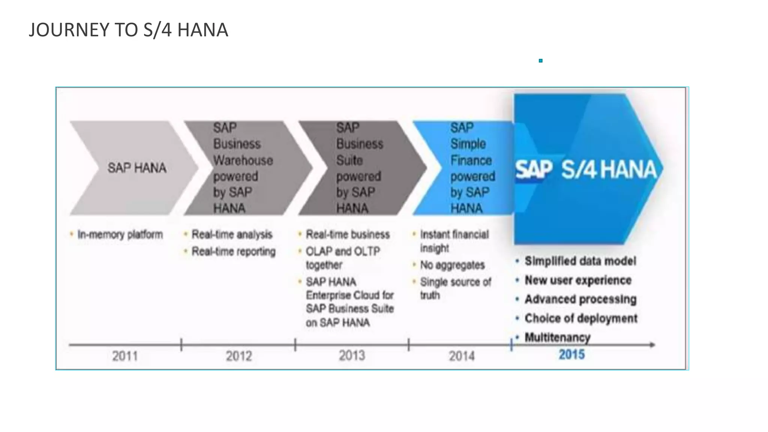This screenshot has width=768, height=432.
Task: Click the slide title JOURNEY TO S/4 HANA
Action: click(128, 30)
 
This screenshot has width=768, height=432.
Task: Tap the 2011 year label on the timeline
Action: click(125, 355)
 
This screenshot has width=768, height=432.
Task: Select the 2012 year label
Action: click(239, 355)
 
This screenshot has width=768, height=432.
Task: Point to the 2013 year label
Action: click(352, 355)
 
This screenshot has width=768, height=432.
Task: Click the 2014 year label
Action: click(462, 355)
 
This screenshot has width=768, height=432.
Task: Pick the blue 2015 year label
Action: click(571, 354)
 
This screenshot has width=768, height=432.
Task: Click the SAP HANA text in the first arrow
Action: click(137, 168)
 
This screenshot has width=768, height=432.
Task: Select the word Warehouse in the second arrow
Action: click(243, 160)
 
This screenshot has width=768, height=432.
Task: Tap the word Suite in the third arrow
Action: click(349, 160)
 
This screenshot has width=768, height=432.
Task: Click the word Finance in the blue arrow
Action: click(471, 160)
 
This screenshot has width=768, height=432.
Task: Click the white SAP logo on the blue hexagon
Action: click(533, 170)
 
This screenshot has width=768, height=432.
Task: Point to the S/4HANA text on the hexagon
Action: click(609, 169)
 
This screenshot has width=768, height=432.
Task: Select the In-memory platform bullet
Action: click(120, 235)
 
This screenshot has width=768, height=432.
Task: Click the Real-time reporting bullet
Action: click(233, 251)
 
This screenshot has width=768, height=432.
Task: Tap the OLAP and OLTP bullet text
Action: click(343, 251)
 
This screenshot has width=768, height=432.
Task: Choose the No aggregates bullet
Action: click(452, 265)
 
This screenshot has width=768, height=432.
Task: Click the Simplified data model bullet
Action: click(580, 261)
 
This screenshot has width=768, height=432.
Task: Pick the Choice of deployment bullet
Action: click(580, 318)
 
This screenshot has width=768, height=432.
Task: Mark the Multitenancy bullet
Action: click(557, 337)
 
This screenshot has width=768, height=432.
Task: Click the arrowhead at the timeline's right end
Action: click(652, 345)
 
